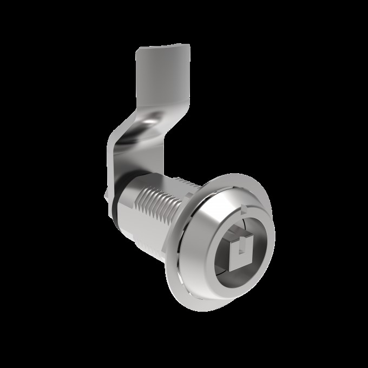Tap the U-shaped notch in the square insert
[238, 248]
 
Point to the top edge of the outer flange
[227, 174]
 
